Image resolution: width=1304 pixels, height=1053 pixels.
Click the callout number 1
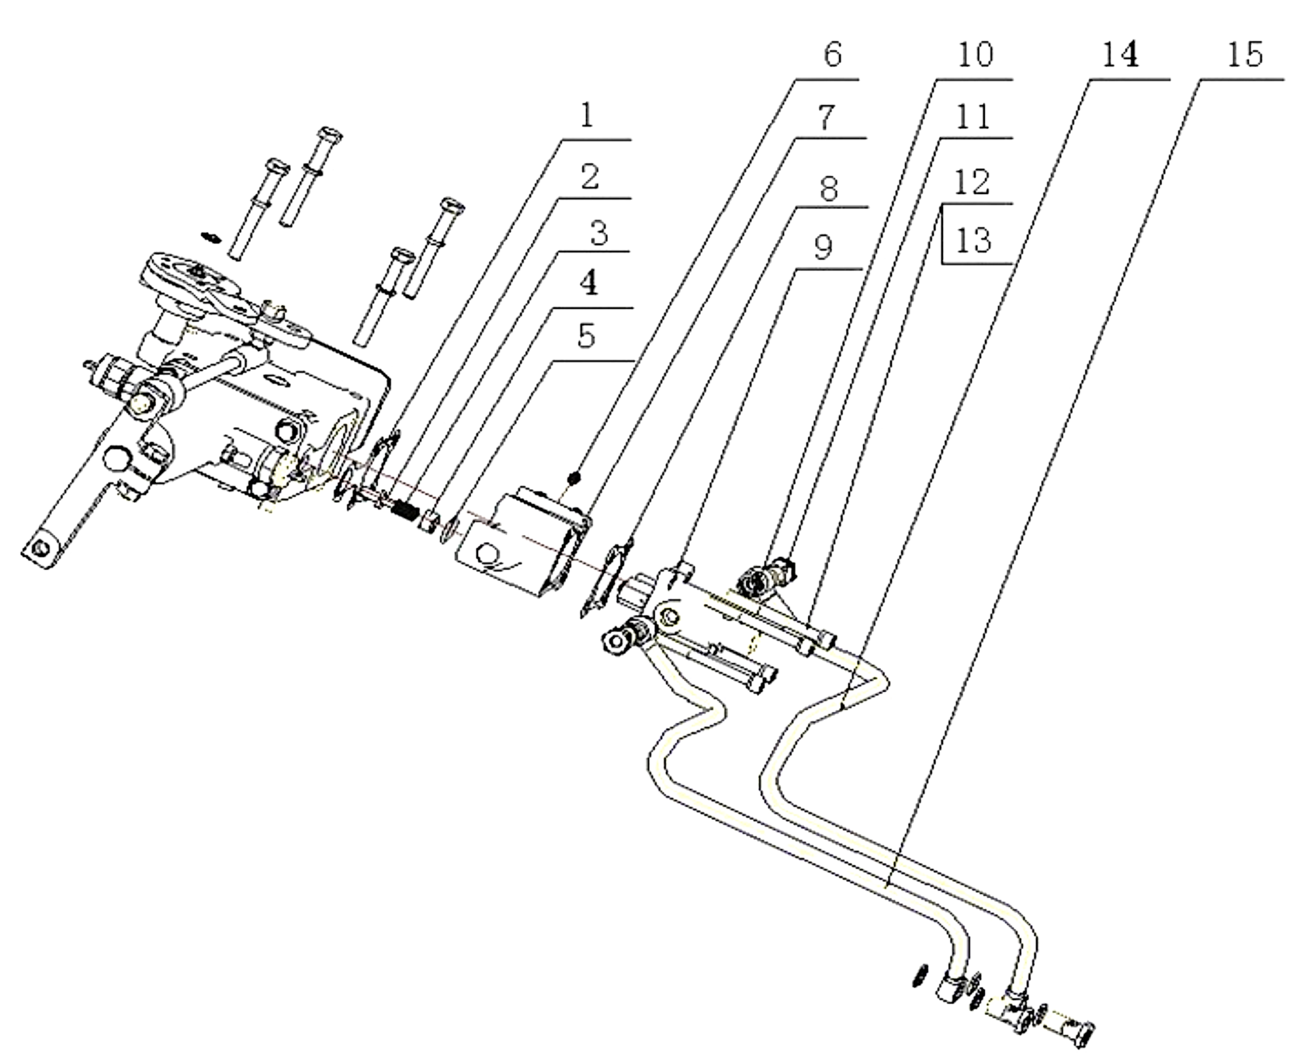586,116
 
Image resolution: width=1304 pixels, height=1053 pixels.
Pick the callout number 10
974,54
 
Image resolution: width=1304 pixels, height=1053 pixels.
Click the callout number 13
973,241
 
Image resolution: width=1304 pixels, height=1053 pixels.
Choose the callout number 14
1119,54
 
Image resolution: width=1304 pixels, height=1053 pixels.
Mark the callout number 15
1245,54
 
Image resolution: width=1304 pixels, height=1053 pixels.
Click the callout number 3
598,233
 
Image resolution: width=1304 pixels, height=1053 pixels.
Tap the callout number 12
973,182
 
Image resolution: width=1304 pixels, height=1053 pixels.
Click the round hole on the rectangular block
488,554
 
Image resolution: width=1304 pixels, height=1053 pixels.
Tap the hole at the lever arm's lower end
41,548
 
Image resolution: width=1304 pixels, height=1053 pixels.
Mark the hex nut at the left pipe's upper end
619,641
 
